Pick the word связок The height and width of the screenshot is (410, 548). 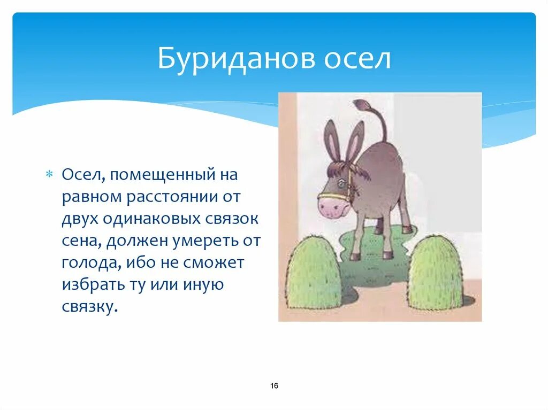[234, 219]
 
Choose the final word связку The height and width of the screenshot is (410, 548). [88, 307]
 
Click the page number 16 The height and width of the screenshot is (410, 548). [274, 386]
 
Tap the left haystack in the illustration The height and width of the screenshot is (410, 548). [314, 274]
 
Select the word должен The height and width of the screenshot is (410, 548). [138, 242]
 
